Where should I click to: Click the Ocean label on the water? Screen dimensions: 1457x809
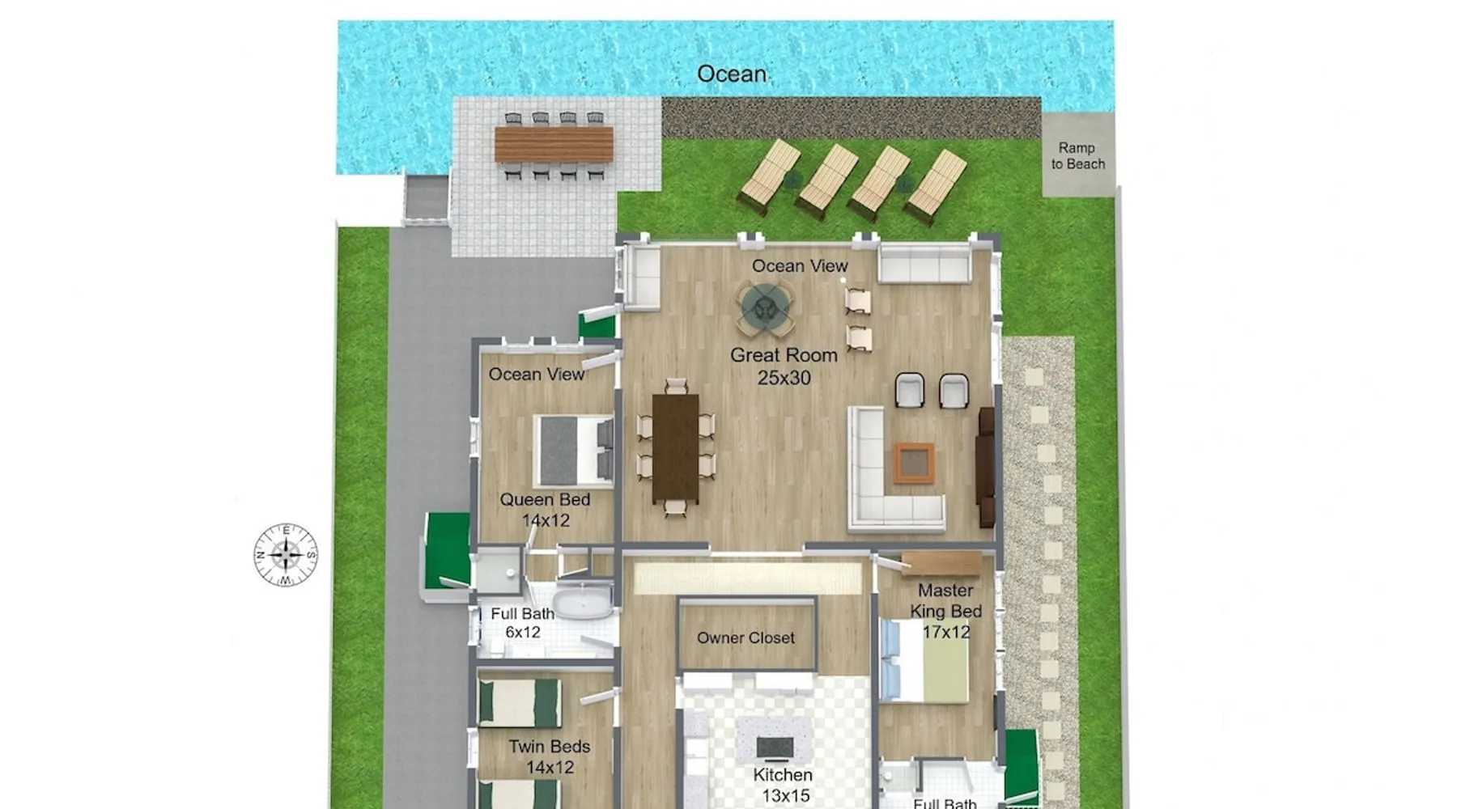coord(732,74)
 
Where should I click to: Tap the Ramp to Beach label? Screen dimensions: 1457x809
coord(1077,155)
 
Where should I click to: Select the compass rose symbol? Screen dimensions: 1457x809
coord(286,555)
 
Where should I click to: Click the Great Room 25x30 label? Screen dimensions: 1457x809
coord(784,366)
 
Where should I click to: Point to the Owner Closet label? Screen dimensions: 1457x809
coord(745,637)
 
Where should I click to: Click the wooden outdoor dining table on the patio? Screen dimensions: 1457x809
coord(554,144)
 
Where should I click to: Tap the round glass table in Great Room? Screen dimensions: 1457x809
coord(765,307)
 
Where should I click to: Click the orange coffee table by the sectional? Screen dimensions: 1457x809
coord(915,463)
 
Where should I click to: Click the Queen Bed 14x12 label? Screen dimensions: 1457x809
coord(545,510)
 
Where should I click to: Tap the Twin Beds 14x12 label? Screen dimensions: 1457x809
coord(550,756)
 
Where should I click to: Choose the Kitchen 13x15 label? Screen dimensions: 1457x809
coord(784,785)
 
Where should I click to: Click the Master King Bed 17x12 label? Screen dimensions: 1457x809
coord(945,611)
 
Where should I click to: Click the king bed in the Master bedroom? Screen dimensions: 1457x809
coord(925,660)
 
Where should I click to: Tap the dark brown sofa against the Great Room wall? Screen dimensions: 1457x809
coord(986,468)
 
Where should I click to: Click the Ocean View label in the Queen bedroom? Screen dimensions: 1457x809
coord(536,374)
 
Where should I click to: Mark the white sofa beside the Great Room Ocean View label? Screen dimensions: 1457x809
coord(924,264)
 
